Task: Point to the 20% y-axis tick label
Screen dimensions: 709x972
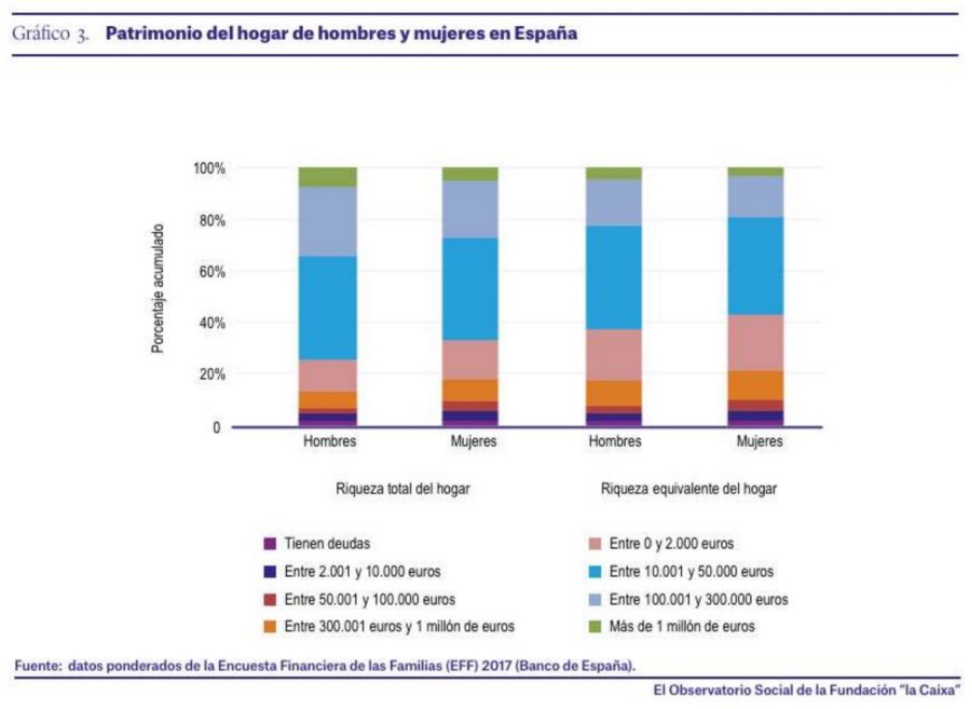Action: pyautogui.click(x=212, y=374)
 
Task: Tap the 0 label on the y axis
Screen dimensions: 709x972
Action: pyautogui.click(x=216, y=428)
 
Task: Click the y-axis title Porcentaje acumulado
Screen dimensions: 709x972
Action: pyautogui.click(x=157, y=289)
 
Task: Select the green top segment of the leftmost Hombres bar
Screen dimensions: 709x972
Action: pyautogui.click(x=327, y=177)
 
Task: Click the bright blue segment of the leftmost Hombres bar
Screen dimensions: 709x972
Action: pyautogui.click(x=327, y=307)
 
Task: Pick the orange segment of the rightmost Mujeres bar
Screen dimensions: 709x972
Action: pyautogui.click(x=755, y=385)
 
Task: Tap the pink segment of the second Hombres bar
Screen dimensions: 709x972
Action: pyautogui.click(x=613, y=355)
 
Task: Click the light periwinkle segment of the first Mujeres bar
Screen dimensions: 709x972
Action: pyautogui.click(x=470, y=209)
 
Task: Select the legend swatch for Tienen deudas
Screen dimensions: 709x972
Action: pyautogui.click(x=269, y=544)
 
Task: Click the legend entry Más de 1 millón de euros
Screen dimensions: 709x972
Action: pyautogui.click(x=682, y=627)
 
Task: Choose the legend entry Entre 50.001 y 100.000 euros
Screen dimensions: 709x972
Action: pyautogui.click(x=369, y=599)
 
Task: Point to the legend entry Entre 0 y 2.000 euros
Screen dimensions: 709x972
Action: pyautogui.click(x=671, y=544)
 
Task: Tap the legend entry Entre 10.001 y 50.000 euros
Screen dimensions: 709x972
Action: pyautogui.click(x=691, y=571)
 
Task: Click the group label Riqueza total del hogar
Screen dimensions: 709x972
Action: pyautogui.click(x=402, y=489)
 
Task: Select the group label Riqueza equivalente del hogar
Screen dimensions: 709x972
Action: pyautogui.click(x=689, y=489)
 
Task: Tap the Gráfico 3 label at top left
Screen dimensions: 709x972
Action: pyautogui.click(x=50, y=33)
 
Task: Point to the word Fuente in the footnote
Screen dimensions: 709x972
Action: pyautogui.click(x=36, y=666)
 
